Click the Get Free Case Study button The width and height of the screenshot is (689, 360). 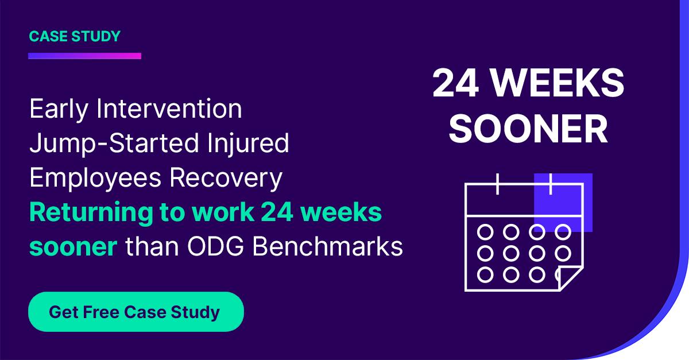tap(136, 312)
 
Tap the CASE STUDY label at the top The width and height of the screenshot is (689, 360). tap(75, 36)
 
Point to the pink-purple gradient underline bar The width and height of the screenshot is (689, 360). tap(84, 56)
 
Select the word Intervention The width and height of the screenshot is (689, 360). tap(169, 109)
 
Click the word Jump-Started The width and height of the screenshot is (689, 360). tap(114, 144)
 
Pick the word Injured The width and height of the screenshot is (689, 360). tap(248, 144)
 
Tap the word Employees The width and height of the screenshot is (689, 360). tap(95, 179)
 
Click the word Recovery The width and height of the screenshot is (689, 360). tap(226, 179)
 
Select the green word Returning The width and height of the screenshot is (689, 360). tap(91, 213)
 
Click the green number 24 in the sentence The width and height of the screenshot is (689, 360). tap(277, 212)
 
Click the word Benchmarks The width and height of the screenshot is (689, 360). tap(328, 246)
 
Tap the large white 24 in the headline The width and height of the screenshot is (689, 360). tap(455, 83)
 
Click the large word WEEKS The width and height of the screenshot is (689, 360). tap(557, 83)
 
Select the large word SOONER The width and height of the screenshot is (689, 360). tap(528, 129)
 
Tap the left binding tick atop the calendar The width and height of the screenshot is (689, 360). tap(497, 184)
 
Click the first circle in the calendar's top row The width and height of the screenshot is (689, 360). tap(485, 232)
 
